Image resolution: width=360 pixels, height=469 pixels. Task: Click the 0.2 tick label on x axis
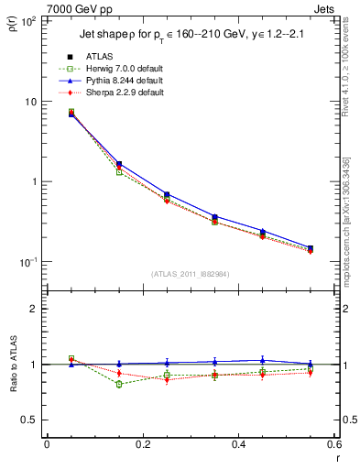point(142,445)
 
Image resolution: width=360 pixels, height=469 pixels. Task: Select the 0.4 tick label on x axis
point(238,445)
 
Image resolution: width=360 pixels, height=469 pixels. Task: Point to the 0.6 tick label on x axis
point(333,445)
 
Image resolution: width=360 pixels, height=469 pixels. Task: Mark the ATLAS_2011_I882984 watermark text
point(189,273)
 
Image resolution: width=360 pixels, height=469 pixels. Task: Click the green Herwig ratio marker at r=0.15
point(119,385)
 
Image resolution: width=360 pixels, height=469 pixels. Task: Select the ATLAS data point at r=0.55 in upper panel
point(311,248)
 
